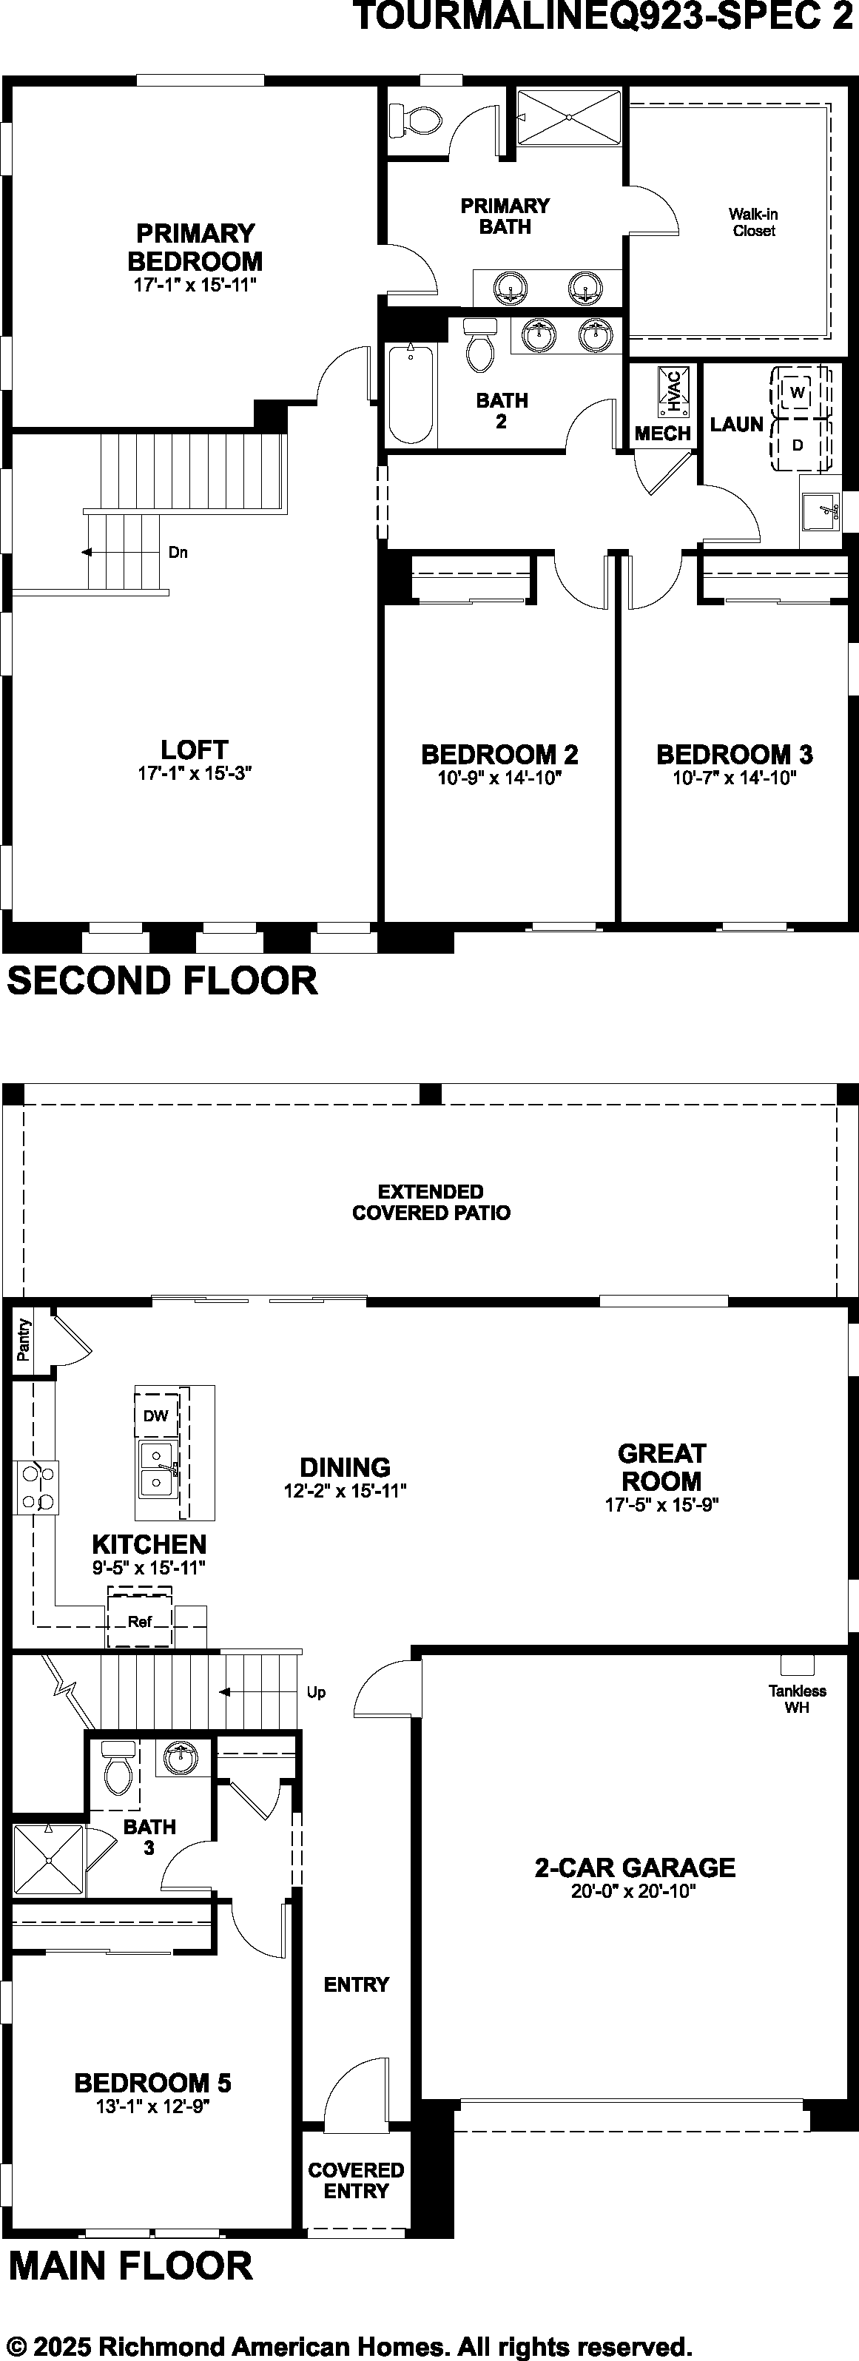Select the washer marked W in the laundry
tap(797, 392)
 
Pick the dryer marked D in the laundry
tap(798, 445)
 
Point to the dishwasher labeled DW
tap(156, 1415)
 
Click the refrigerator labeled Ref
tap(141, 1621)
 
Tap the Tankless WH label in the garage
tap(798, 1698)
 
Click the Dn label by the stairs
tap(178, 553)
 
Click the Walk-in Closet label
tap(754, 223)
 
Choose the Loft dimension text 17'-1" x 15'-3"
tap(195, 773)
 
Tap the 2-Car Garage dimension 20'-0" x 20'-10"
tap(634, 1891)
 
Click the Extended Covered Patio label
tap(431, 1202)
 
